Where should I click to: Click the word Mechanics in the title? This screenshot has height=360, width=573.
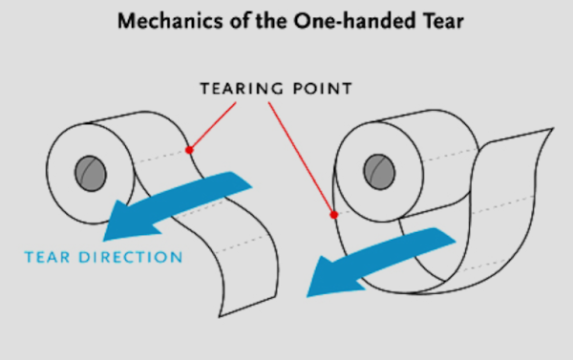(170, 21)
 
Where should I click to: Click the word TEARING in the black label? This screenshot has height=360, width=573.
(242, 89)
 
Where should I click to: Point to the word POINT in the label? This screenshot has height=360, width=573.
(323, 89)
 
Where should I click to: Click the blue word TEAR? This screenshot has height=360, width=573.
(47, 257)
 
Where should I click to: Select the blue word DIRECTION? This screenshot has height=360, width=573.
(131, 257)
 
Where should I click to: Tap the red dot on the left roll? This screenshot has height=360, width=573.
(189, 150)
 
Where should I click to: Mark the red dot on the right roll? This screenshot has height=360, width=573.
(333, 215)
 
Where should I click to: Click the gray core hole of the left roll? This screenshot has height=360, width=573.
(91, 174)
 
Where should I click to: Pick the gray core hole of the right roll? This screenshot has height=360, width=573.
(379, 172)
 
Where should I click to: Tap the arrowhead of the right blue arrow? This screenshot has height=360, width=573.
(330, 278)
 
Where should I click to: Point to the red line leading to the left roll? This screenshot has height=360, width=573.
(213, 125)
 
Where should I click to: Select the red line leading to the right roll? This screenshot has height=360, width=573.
(301, 158)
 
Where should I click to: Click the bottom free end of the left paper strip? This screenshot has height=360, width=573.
(247, 307)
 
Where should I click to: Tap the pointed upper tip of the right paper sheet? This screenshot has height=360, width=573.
(553, 129)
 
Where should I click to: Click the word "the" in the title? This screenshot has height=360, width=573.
(271, 21)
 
